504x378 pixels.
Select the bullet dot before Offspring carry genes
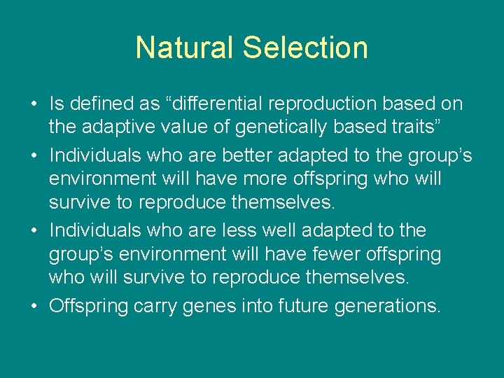point(34,307)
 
